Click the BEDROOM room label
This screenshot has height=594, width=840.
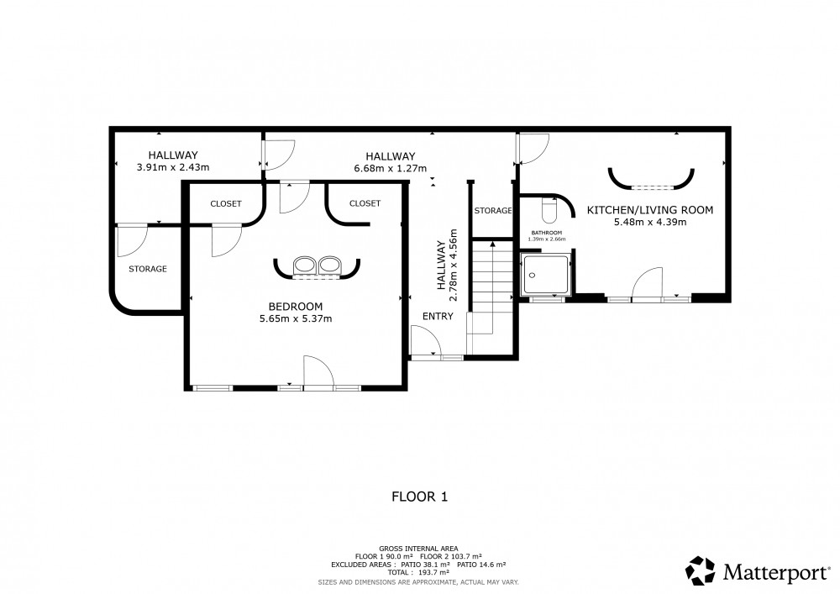pyautogui.click(x=296, y=307)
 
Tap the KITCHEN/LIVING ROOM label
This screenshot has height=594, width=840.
pyautogui.click(x=650, y=210)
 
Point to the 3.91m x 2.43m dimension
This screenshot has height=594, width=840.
pyautogui.click(x=173, y=167)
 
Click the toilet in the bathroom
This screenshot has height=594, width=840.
pyautogui.click(x=549, y=211)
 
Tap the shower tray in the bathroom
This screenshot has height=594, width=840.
pyautogui.click(x=546, y=275)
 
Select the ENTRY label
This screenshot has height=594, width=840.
pyautogui.click(x=438, y=316)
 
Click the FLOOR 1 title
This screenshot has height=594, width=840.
pyautogui.click(x=419, y=497)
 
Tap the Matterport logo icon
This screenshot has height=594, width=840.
pyautogui.click(x=701, y=570)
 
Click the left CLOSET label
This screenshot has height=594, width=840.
pyautogui.click(x=225, y=203)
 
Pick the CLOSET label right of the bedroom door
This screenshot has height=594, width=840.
pyautogui.click(x=365, y=203)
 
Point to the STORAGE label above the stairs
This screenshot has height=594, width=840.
pyautogui.click(x=493, y=211)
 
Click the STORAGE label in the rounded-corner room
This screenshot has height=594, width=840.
pyautogui.click(x=147, y=269)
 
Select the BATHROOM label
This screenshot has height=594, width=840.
pyautogui.click(x=547, y=233)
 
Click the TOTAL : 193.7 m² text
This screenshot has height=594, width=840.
pyautogui.click(x=419, y=572)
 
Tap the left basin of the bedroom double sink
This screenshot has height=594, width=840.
pyautogui.click(x=305, y=265)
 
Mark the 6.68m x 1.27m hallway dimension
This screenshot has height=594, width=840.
pyautogui.click(x=391, y=168)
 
